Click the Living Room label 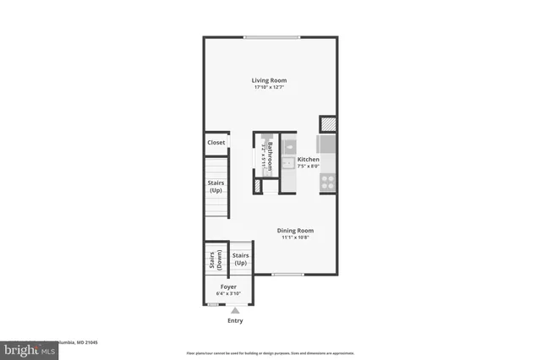point(269,80)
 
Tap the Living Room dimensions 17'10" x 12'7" point(269,88)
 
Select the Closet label point(216,143)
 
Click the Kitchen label point(308,159)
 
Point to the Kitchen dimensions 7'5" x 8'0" point(308,166)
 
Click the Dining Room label point(296,231)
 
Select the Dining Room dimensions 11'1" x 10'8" point(296,238)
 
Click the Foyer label point(228,286)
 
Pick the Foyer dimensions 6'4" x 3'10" point(228,294)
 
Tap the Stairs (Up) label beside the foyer point(240,258)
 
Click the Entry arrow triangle point(235,311)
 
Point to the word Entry point(235,321)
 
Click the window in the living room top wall point(270,36)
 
